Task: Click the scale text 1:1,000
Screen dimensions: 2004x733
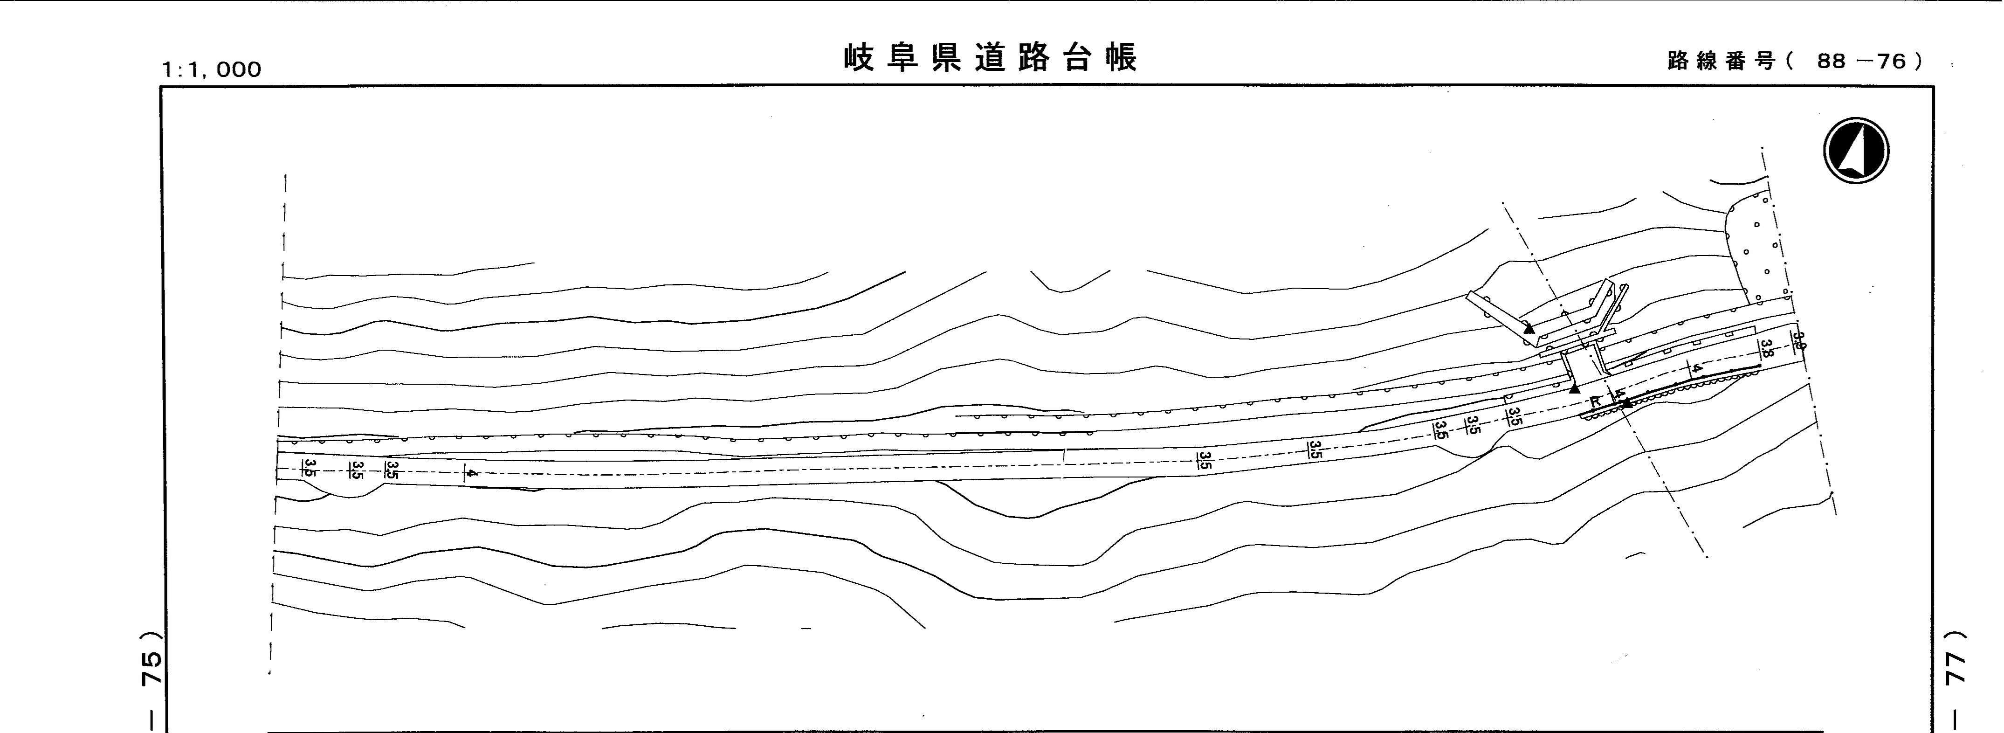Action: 211,70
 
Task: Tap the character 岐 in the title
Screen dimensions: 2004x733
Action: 861,57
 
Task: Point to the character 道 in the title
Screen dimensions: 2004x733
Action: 991,57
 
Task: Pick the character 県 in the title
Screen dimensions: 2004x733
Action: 948,57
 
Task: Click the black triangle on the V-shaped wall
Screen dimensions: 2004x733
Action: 1529,328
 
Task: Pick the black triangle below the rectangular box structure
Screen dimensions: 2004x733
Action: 1575,387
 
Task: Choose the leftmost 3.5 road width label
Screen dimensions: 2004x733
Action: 309,469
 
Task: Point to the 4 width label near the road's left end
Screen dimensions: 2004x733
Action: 468,472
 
